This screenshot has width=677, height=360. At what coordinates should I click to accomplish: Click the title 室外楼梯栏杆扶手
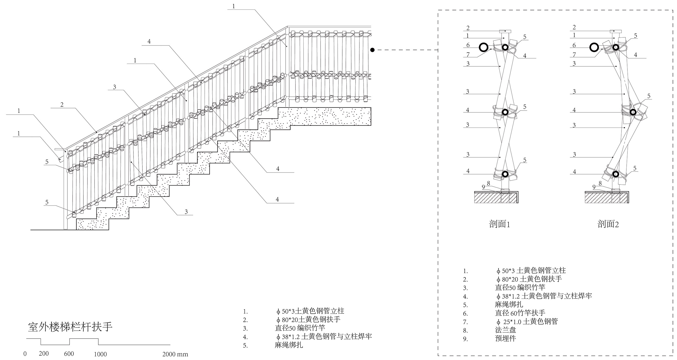(70, 327)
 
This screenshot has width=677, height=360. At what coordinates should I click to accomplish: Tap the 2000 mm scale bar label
(175, 354)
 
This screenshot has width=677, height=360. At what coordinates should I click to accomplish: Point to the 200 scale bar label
(44, 353)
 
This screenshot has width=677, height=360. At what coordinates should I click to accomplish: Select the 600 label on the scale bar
(69, 354)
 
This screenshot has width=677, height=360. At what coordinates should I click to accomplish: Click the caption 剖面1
(500, 224)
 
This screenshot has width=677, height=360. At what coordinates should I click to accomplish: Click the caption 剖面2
(608, 224)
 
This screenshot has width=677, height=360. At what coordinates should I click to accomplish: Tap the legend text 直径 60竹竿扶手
(520, 313)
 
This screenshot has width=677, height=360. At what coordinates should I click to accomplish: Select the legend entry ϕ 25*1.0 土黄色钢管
(527, 322)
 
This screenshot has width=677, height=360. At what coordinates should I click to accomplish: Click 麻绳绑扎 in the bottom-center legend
(289, 345)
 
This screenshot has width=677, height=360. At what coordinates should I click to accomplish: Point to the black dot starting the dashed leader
(372, 50)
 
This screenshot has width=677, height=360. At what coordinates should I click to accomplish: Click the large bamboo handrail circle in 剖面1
(484, 48)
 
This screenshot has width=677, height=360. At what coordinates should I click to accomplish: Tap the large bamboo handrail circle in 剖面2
(594, 48)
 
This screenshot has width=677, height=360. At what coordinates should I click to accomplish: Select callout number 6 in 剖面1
(468, 45)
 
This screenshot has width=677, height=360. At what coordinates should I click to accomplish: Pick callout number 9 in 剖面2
(594, 187)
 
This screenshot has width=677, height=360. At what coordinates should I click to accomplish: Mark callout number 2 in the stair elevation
(62, 105)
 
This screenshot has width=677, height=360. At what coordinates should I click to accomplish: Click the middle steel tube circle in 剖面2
(633, 112)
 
